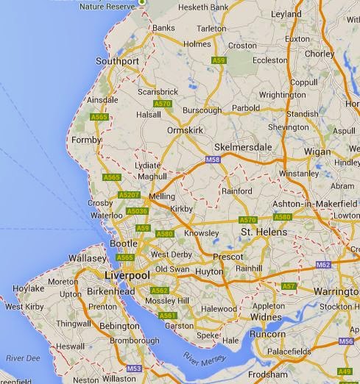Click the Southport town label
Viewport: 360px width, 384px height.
[118, 61]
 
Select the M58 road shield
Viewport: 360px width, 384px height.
[213, 158]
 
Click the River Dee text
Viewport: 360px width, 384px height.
[18, 358]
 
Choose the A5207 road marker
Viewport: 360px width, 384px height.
[129, 194]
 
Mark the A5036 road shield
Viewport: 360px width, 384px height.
[137, 211]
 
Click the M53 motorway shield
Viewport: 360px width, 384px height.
[133, 368]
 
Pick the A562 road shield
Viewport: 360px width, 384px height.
[159, 291]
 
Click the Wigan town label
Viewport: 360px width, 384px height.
[317, 151]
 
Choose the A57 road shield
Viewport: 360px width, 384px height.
[289, 285]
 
